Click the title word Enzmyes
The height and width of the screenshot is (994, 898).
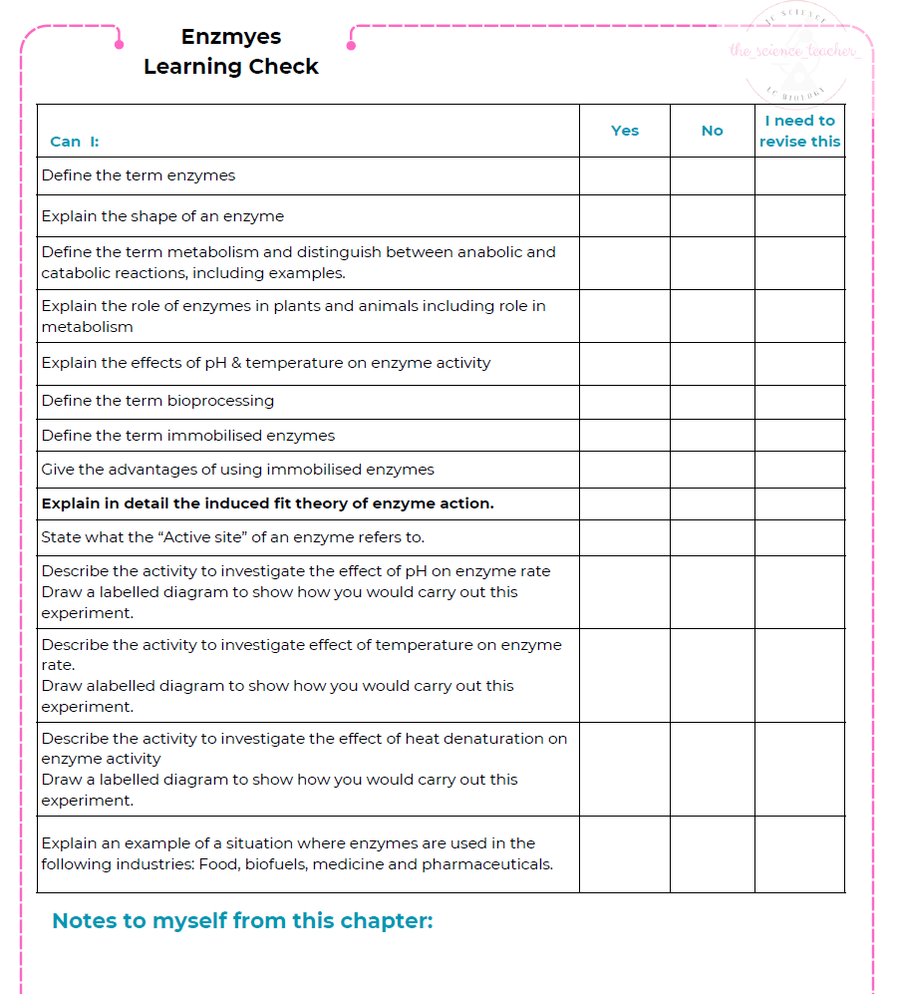click(x=231, y=37)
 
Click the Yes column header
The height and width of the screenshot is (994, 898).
click(x=625, y=131)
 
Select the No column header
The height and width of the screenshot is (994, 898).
click(x=712, y=131)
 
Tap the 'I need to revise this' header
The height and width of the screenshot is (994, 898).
click(x=799, y=131)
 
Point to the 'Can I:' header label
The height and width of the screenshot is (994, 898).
click(x=75, y=142)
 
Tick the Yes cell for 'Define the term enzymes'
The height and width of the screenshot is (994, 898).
click(x=625, y=175)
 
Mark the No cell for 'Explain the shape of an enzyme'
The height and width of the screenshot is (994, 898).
click(x=712, y=215)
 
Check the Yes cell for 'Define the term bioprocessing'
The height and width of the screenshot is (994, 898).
click(x=625, y=402)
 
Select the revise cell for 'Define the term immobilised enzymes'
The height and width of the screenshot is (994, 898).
click(x=799, y=436)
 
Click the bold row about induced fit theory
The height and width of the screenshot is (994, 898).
click(x=267, y=503)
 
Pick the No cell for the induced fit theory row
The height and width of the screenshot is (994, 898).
click(x=712, y=503)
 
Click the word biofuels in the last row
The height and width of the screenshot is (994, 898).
click(x=274, y=864)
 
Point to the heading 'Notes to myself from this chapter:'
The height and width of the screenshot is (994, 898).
click(x=242, y=921)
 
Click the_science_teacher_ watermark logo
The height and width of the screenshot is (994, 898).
click(x=793, y=52)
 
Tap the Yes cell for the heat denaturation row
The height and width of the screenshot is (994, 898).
click(x=625, y=769)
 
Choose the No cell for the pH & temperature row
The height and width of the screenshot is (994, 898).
click(x=712, y=364)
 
